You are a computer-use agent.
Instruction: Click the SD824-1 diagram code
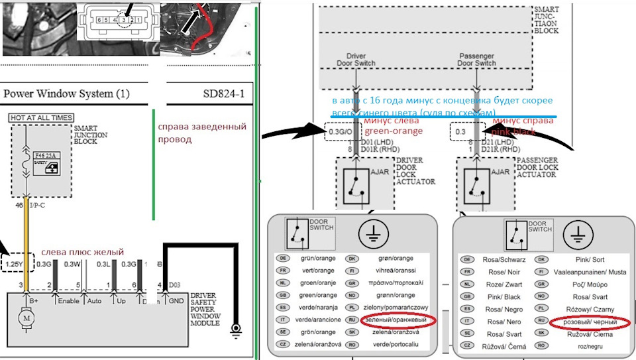click(x=223, y=93)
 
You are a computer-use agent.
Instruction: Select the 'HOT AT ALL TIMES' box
click(x=41, y=118)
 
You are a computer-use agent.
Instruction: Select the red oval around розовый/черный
click(x=589, y=322)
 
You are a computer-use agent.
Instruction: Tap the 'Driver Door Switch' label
click(x=356, y=60)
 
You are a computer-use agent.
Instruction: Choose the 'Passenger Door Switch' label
click(x=476, y=60)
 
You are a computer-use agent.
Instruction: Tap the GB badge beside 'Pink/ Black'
click(x=468, y=296)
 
